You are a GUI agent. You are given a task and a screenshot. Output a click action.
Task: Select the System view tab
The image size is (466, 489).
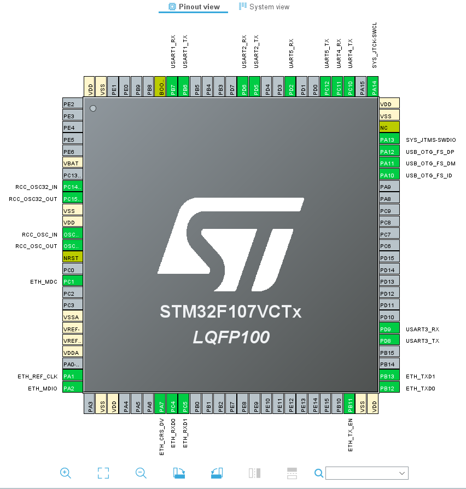coord(264,7)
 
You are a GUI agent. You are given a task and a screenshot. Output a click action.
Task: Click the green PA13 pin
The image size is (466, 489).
coord(389,140)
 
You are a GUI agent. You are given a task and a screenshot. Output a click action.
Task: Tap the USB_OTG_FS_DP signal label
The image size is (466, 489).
coord(430,152)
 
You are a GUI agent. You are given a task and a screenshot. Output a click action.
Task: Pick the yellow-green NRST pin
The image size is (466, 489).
coord(72,258)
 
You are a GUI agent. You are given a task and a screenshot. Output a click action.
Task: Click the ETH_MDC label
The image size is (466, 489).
coord(44,281)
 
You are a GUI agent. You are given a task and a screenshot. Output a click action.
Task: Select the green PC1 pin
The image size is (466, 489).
coord(72,281)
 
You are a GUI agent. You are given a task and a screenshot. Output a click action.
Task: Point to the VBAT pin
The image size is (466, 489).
coord(72,163)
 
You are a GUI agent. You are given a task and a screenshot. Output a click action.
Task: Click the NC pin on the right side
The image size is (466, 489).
coord(389,128)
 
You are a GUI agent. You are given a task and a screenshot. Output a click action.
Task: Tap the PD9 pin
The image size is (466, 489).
coord(389,329)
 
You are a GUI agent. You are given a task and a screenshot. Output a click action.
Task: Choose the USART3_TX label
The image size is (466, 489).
coord(423,341)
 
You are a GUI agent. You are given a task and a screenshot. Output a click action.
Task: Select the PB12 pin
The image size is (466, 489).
coord(389,388)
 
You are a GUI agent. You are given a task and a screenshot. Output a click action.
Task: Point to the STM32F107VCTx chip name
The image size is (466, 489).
coord(230,312)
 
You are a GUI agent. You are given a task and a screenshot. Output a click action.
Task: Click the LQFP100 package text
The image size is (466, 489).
coord(231,337)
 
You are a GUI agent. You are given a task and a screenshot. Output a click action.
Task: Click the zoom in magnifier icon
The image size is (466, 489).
coord(66,473)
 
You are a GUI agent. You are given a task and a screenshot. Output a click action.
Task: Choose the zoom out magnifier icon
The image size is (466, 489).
coord(141,473)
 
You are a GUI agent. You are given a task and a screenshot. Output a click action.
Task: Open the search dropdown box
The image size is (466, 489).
coord(366,473)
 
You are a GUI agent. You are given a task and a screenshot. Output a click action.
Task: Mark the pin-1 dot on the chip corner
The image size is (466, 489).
coord(93,108)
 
